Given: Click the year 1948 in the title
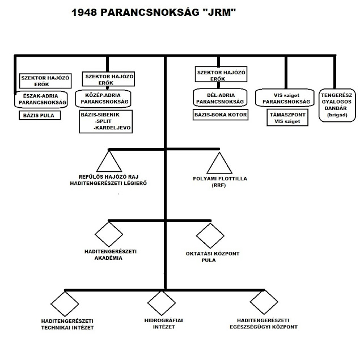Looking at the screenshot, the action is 84,12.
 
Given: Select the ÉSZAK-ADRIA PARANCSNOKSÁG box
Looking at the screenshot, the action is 40,99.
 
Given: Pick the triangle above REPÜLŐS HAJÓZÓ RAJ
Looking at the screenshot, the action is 109,161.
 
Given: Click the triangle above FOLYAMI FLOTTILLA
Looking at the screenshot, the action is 219,163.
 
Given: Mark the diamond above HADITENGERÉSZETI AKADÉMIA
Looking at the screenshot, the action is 109,234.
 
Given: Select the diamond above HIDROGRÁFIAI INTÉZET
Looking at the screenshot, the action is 162,305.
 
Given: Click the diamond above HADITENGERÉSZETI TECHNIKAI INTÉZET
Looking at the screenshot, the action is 63,305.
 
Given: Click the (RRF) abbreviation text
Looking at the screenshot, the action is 218,185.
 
